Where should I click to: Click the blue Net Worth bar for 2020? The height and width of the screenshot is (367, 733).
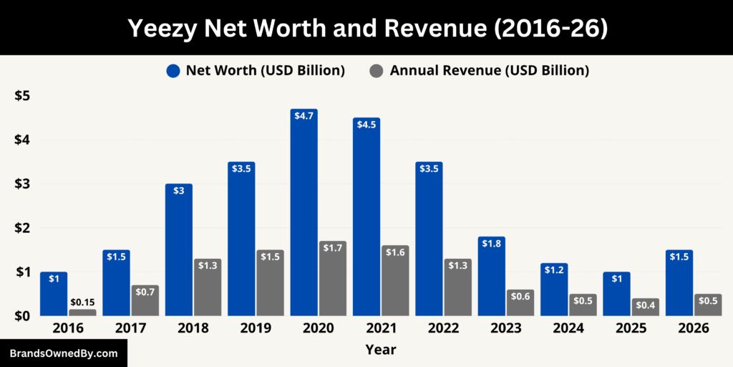304,215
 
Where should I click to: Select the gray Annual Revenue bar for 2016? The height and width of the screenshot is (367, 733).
82,313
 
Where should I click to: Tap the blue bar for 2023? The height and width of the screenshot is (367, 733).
491,280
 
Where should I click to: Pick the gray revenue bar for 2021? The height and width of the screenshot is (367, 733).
395,283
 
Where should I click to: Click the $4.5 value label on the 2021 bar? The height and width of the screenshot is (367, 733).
366,124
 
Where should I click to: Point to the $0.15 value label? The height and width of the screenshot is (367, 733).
82,302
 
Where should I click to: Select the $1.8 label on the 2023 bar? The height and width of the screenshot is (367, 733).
491,243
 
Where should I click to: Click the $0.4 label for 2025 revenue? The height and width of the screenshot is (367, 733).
645,305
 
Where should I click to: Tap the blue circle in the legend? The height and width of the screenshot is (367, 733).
173,70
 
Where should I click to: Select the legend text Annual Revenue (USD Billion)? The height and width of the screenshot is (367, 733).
489,70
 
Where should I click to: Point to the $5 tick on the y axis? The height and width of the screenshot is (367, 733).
22,96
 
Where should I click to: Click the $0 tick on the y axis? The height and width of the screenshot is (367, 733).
22,315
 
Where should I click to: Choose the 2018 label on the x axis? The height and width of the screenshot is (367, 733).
193,328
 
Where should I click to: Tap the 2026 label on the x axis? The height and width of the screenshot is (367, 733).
694,328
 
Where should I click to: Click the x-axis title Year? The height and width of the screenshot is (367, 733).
380,350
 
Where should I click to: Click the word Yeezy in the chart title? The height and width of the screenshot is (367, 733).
163,28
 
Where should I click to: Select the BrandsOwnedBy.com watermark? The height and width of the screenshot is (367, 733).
63,353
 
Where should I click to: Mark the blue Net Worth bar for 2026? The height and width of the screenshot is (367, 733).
679,287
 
